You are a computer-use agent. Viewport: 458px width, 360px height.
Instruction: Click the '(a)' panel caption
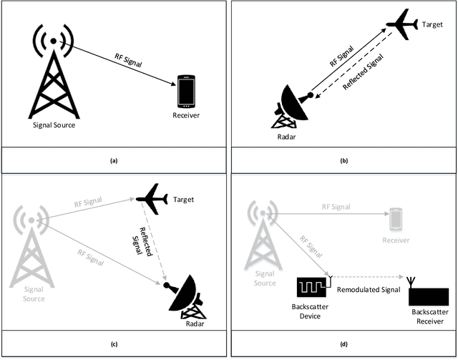pos(113,160)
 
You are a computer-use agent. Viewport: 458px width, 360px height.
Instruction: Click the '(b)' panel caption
pos(343,160)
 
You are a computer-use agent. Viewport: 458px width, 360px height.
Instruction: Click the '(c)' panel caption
pos(113,344)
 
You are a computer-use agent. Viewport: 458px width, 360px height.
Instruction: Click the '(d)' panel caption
pos(343,344)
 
